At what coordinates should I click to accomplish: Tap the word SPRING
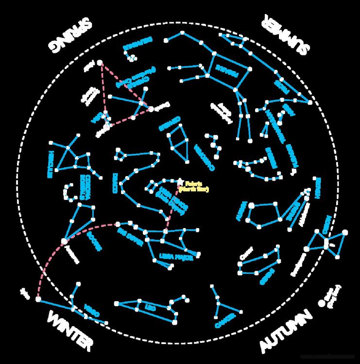(69, 34)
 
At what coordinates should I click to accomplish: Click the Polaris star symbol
(180, 182)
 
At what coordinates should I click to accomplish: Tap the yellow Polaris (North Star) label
(193, 187)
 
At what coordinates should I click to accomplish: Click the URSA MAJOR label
(176, 256)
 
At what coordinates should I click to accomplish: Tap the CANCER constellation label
(222, 320)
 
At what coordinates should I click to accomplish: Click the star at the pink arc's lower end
(38, 299)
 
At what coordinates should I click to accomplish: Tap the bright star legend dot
(321, 302)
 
